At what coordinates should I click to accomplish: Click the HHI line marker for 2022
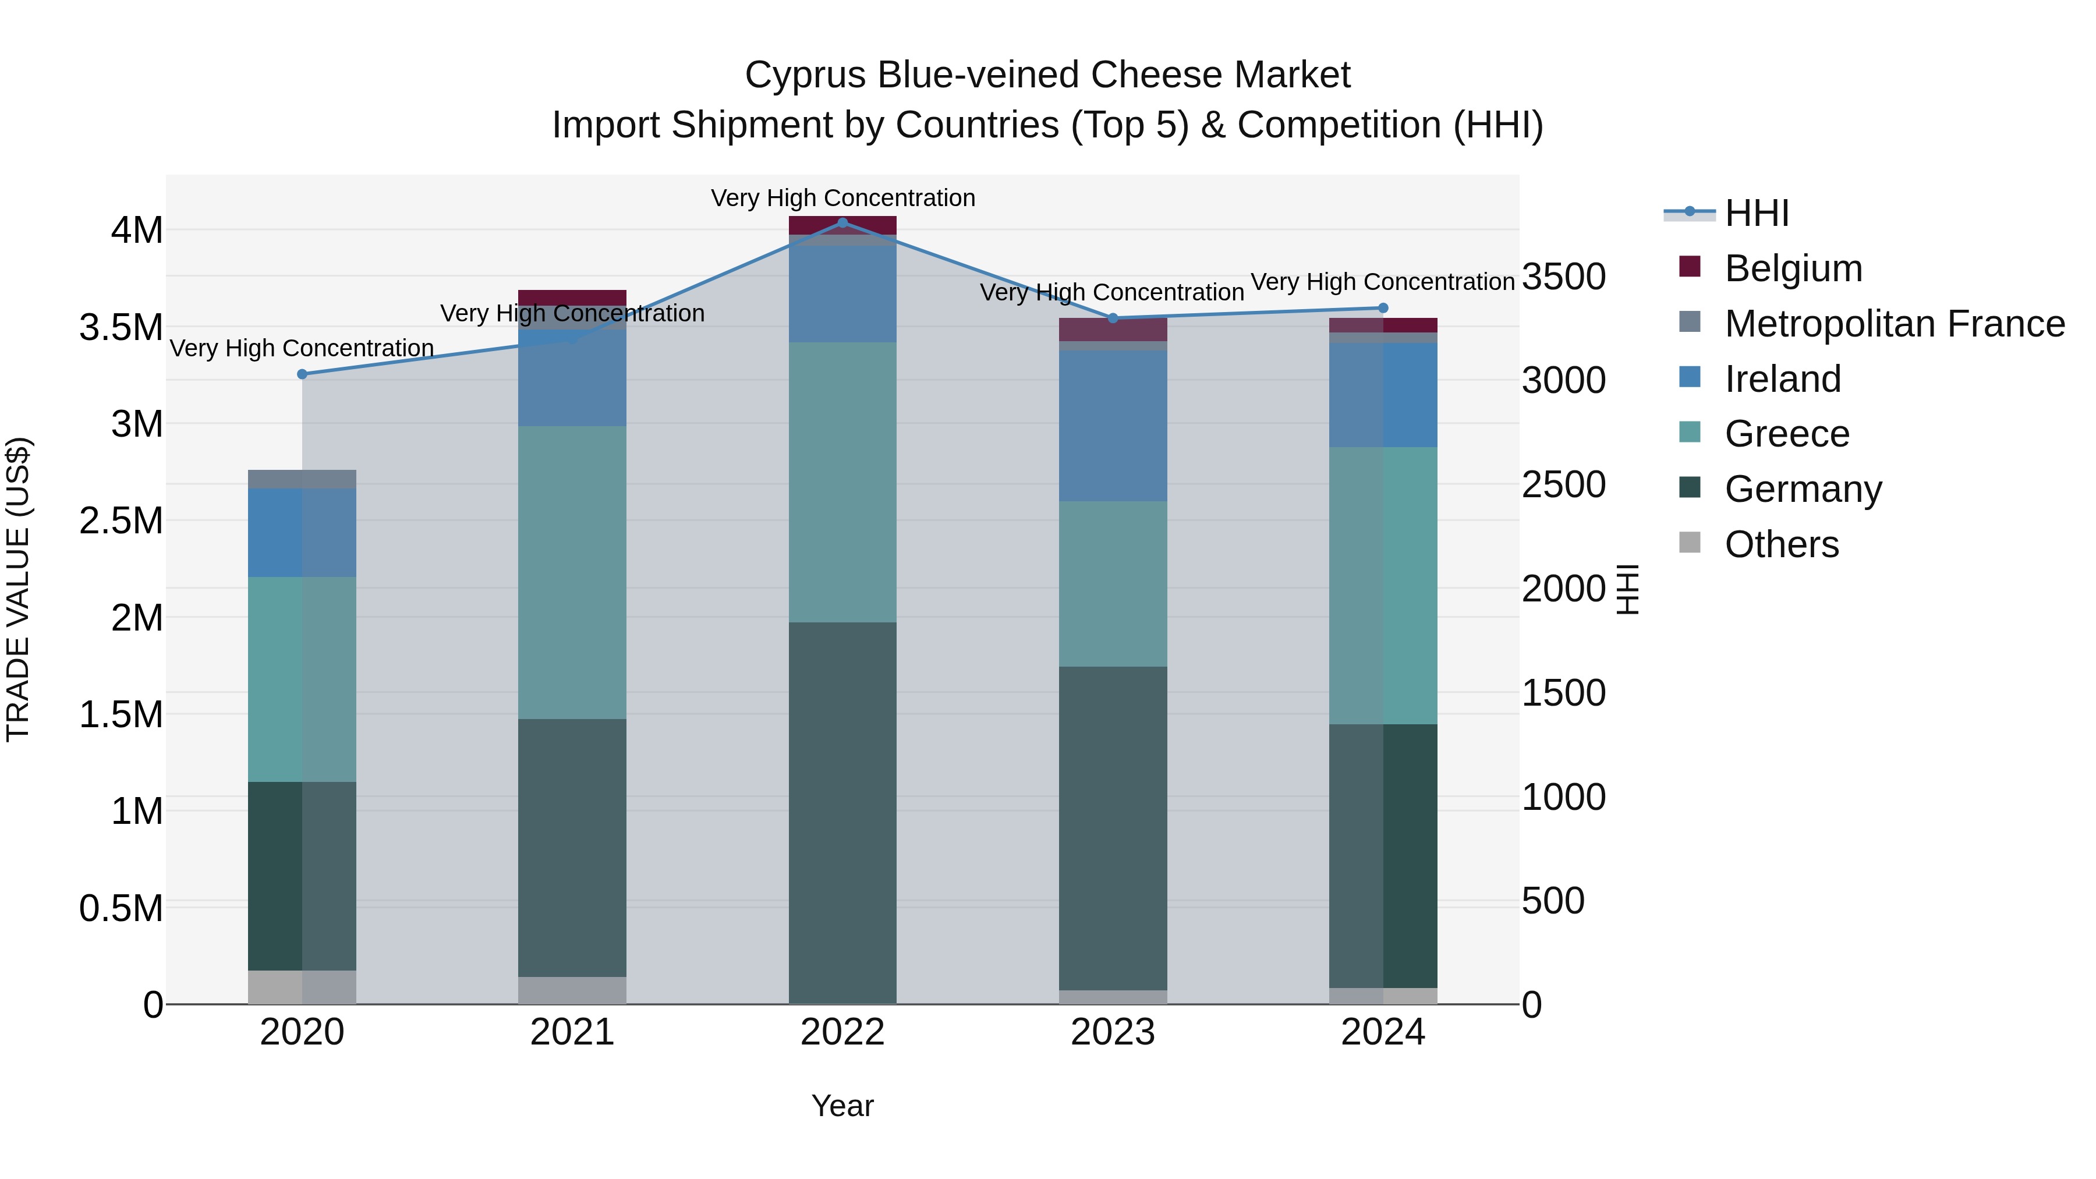[842, 222]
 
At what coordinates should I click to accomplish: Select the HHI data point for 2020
[302, 374]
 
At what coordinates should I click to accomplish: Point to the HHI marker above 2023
[1113, 318]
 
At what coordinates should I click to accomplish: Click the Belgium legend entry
[1793, 268]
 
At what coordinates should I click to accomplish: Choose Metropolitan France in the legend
[1894, 324]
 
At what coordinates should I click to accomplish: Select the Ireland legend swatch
[1690, 377]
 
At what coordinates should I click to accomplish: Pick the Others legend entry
[1781, 544]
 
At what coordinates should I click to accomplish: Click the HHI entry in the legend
[1756, 213]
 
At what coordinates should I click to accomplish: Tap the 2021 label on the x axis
[572, 1032]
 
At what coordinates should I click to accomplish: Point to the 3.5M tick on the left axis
[121, 327]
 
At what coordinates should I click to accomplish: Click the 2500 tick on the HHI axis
[1563, 485]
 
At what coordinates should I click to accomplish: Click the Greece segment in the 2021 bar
[572, 572]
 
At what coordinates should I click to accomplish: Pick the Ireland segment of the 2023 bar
[1113, 426]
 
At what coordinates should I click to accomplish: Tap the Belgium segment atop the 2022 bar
[842, 225]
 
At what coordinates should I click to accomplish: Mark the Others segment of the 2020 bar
[302, 987]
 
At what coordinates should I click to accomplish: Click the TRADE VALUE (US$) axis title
[19, 589]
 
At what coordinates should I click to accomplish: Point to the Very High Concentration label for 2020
[302, 348]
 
